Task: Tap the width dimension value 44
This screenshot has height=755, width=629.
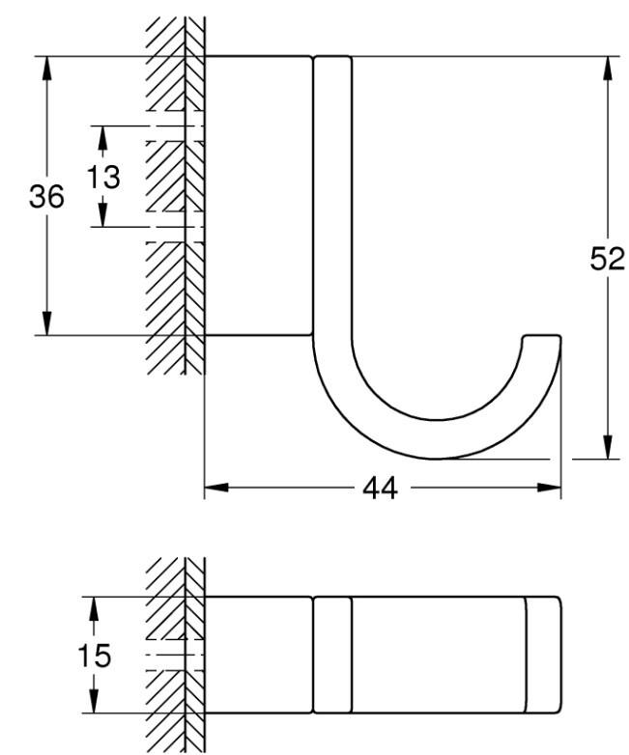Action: pos(380,489)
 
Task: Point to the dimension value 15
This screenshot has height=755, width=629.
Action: pos(94,657)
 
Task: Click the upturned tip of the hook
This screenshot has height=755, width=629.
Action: pos(541,340)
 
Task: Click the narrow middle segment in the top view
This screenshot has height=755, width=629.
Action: pos(331,656)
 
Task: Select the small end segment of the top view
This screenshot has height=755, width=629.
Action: pos(542,656)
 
